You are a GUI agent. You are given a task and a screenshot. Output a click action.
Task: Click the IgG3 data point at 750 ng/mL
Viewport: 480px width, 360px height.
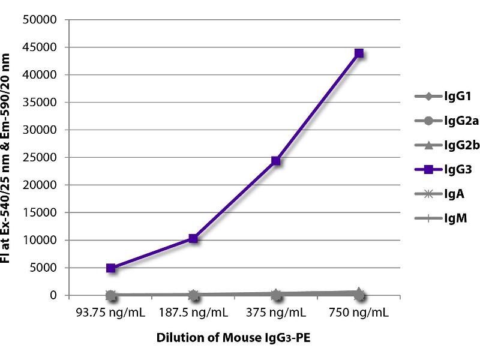pyautogui.click(x=359, y=53)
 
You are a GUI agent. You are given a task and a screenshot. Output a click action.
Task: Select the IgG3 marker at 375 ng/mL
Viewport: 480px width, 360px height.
pyautogui.click(x=276, y=161)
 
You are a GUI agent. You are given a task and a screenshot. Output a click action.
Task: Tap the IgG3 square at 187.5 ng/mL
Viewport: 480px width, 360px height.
pyautogui.click(x=193, y=238)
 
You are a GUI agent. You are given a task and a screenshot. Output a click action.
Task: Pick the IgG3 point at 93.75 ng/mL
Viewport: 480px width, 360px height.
pyautogui.click(x=110, y=268)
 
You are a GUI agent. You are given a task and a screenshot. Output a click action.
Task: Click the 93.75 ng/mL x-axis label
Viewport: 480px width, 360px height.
pyautogui.click(x=110, y=313)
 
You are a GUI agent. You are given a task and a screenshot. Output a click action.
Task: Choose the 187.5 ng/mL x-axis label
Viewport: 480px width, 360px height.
pyautogui.click(x=193, y=313)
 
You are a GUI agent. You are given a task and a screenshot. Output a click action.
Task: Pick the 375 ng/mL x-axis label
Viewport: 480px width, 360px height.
pyautogui.click(x=276, y=313)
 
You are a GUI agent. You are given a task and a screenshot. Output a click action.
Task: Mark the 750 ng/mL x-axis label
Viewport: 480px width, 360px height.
pyautogui.click(x=359, y=313)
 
